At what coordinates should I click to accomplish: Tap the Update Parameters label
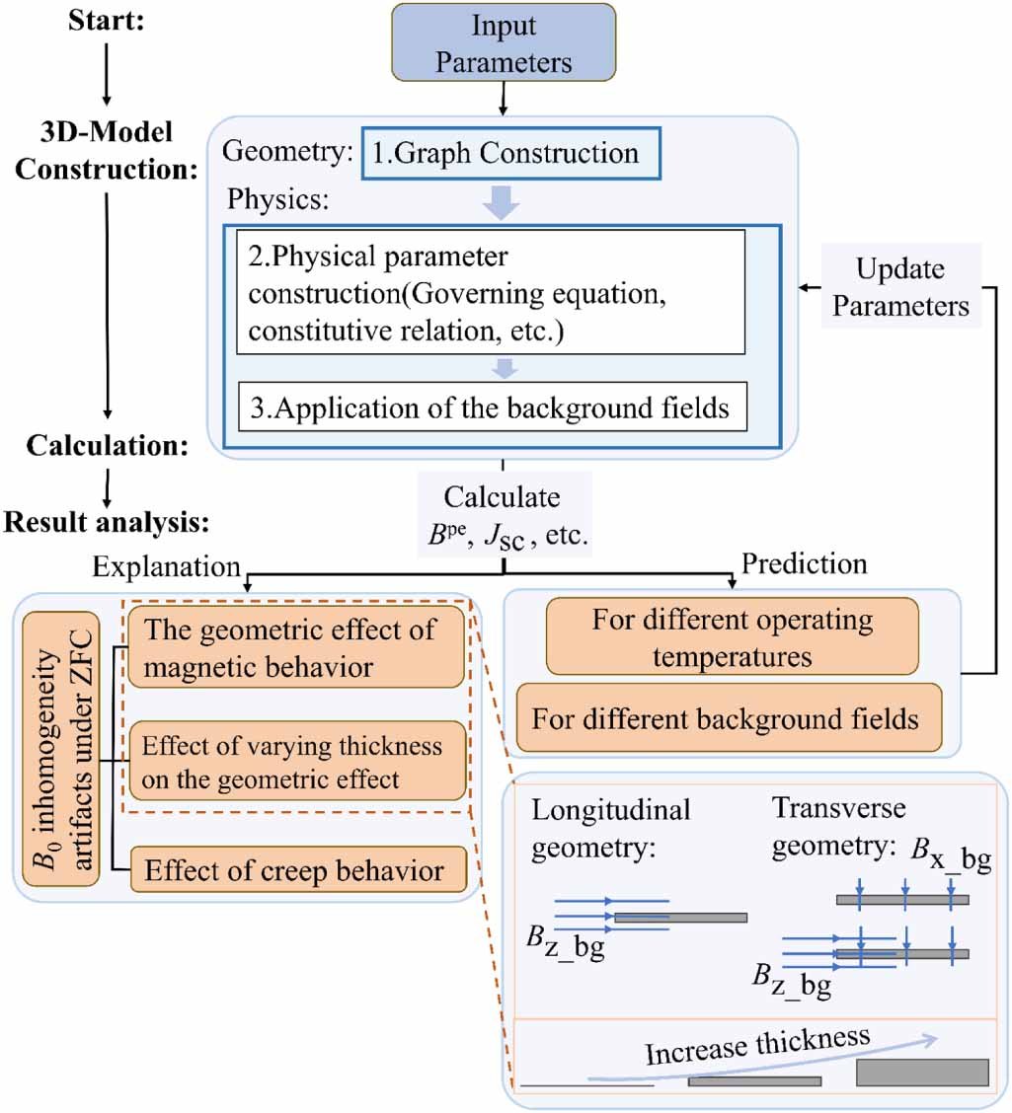pos(899,286)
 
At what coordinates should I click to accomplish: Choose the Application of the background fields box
pos(492,407)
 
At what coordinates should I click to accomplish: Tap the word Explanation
pos(167,565)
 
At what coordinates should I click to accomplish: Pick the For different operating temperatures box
pos(732,635)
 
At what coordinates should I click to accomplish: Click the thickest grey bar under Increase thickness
pos(922,1072)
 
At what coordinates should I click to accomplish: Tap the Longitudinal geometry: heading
pos(610,827)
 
